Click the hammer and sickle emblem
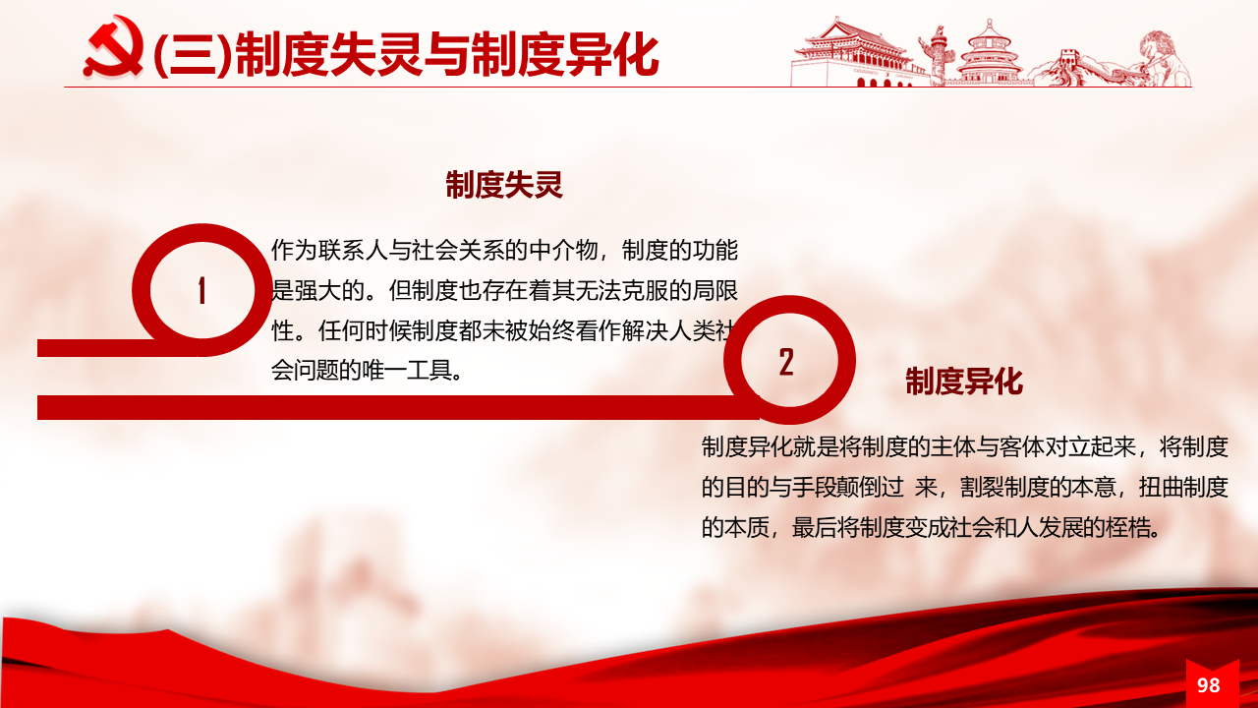114,46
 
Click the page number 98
1208,685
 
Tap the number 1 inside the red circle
201,290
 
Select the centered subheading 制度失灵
504,185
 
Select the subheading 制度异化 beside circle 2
964,382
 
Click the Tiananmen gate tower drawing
854,53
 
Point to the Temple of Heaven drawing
989,53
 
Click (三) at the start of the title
192,55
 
